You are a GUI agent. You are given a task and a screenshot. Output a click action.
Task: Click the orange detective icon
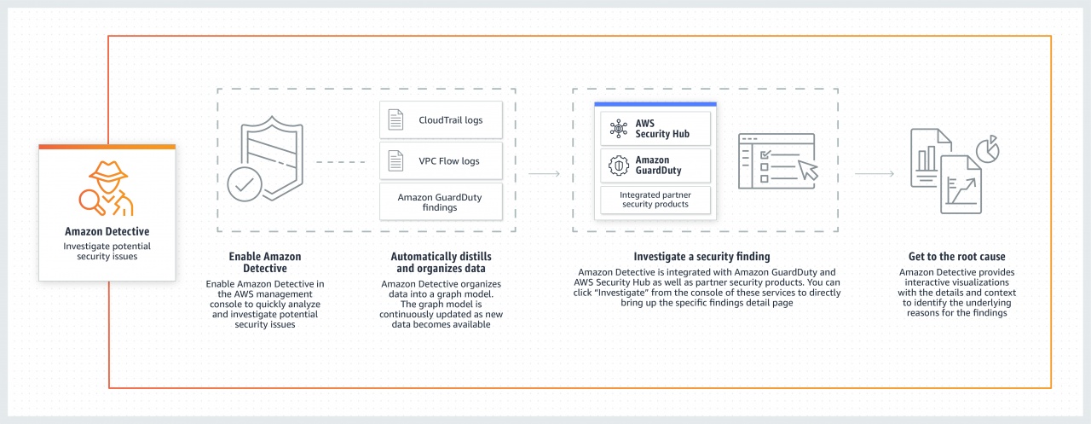coord(107,188)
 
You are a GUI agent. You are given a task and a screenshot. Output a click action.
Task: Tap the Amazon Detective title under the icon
coord(107,231)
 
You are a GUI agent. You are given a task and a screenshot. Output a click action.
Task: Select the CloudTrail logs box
coord(441,120)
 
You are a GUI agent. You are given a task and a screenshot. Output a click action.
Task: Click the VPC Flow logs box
coord(441,160)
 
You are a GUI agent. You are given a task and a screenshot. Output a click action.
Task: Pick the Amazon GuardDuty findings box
coord(441,202)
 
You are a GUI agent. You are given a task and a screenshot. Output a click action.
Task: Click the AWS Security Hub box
coord(655,129)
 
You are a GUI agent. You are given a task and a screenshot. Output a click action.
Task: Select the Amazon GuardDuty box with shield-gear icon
coord(655,166)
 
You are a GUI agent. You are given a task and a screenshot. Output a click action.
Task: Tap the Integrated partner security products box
coord(655,200)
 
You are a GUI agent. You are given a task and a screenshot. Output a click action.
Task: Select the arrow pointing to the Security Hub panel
coord(544,174)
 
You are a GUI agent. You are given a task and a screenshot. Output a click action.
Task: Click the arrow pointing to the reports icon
coord(875,174)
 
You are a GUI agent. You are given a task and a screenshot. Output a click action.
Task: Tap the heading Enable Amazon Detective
coord(265,262)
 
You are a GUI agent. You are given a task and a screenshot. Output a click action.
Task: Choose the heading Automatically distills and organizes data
coord(441,262)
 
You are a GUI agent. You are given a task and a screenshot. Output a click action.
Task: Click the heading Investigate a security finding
coord(701,256)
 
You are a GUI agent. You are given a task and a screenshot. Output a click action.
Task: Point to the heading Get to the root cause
coord(956,256)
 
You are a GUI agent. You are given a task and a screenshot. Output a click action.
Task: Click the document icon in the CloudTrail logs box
coord(396,120)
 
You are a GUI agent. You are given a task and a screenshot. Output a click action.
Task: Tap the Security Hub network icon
coord(618,129)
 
